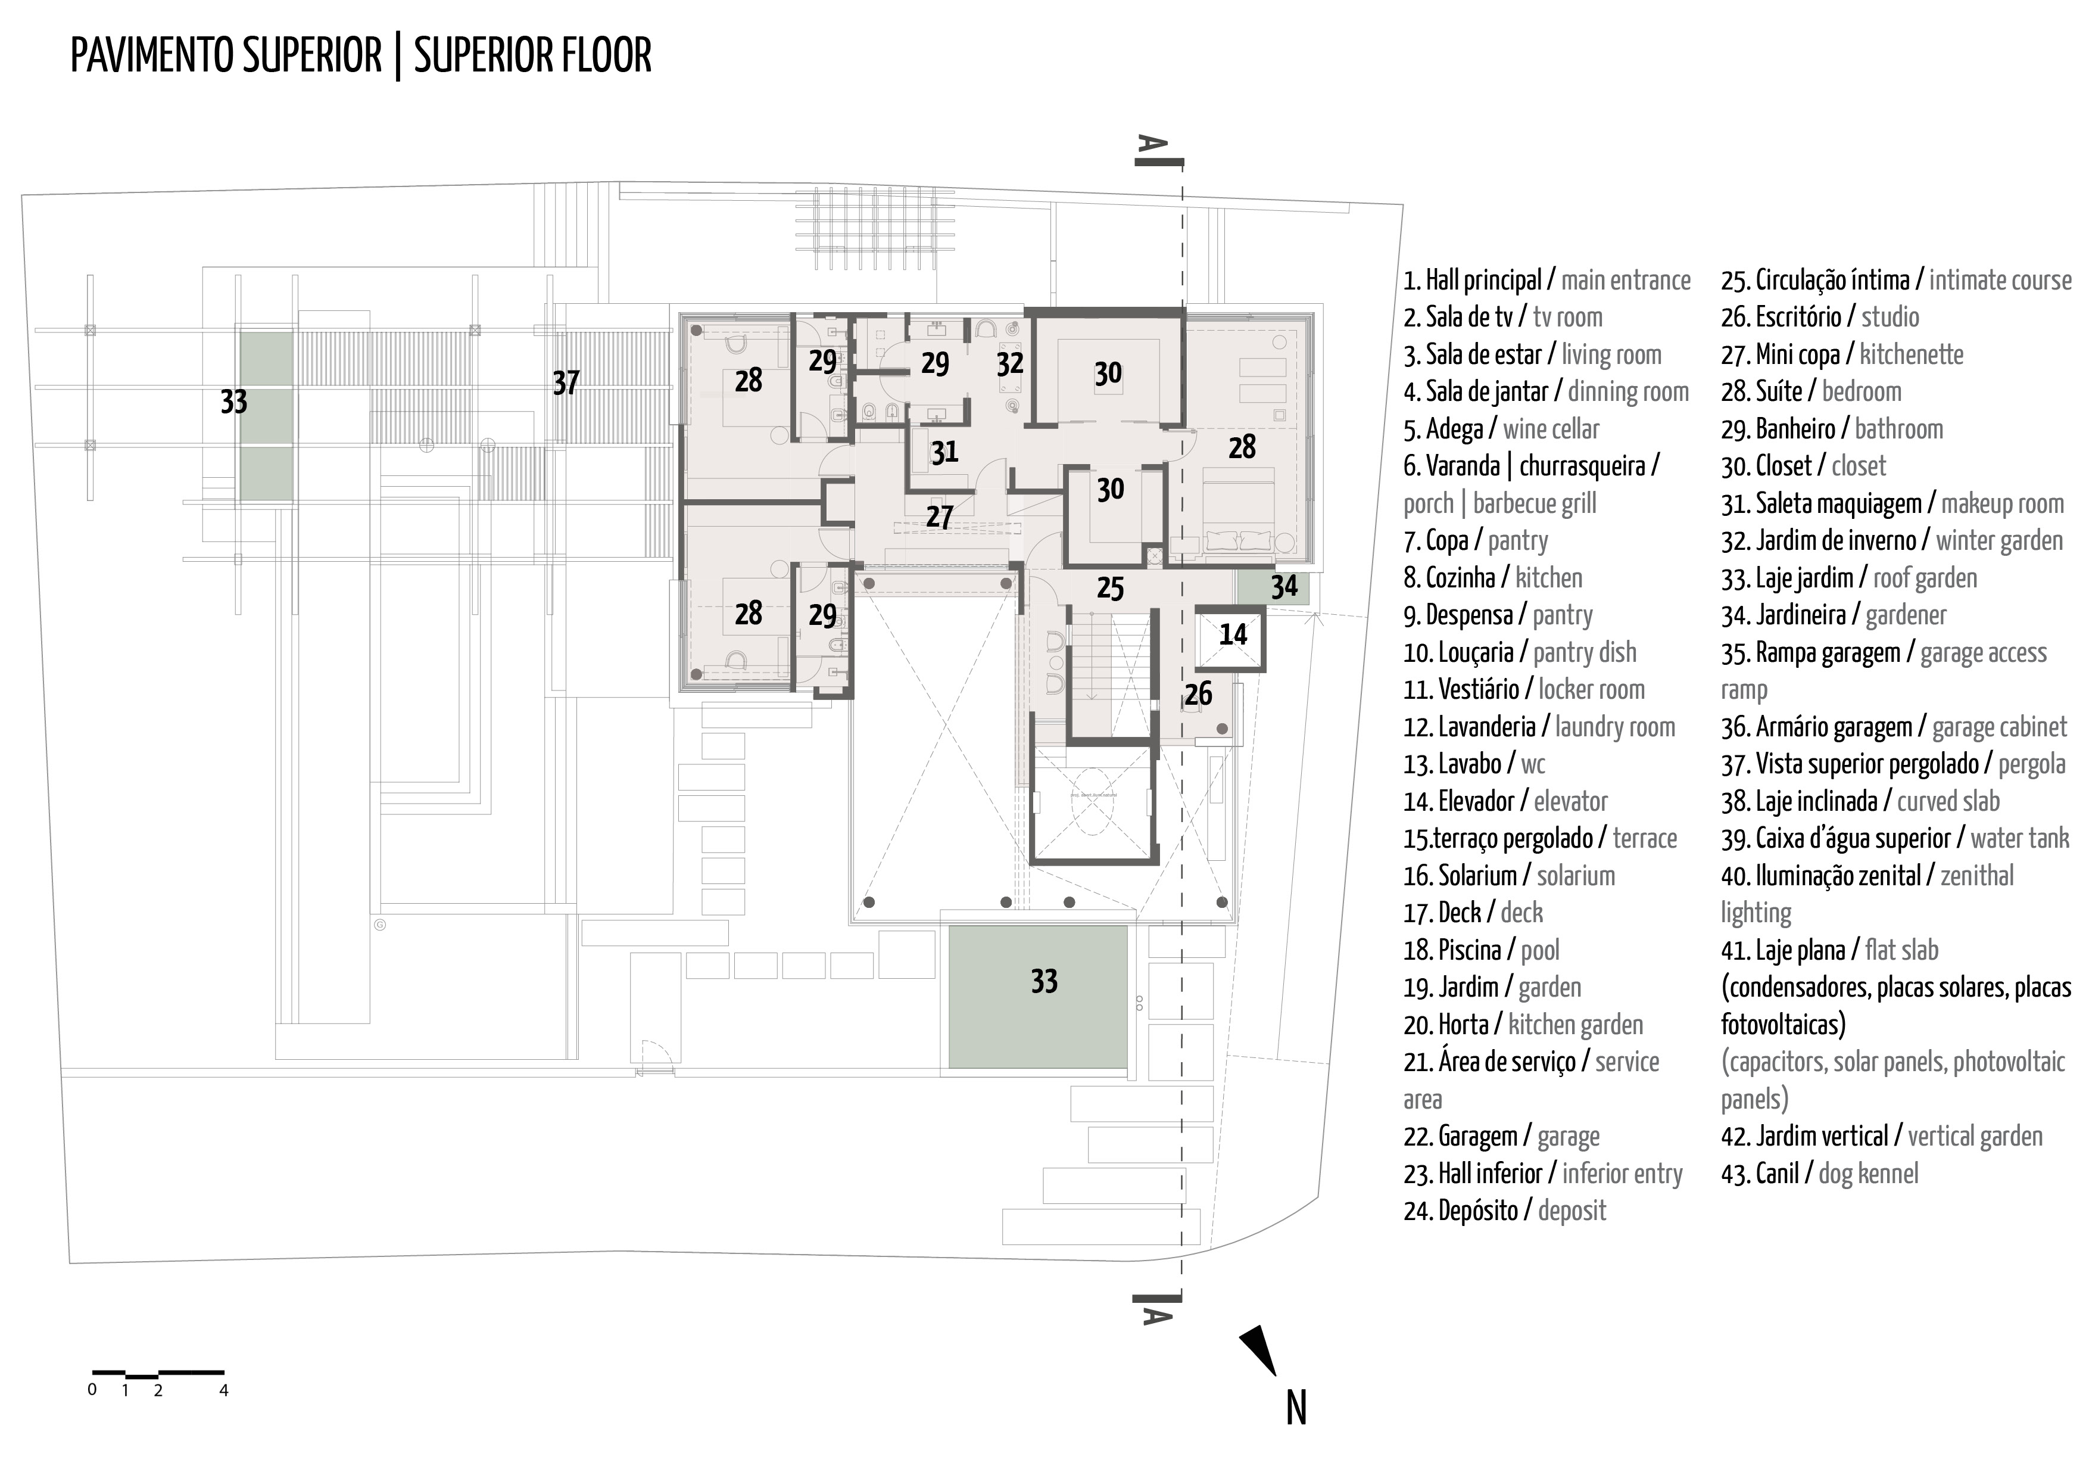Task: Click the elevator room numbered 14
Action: (x=1232, y=635)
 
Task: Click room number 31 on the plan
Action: (x=944, y=452)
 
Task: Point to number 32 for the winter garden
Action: (x=1009, y=364)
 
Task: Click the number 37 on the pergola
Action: (x=565, y=383)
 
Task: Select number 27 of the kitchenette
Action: (x=939, y=517)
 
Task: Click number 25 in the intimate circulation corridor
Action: (x=1109, y=589)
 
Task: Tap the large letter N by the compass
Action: (x=1296, y=1408)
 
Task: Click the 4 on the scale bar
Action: (x=224, y=1390)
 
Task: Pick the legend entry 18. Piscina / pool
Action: (x=1480, y=951)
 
